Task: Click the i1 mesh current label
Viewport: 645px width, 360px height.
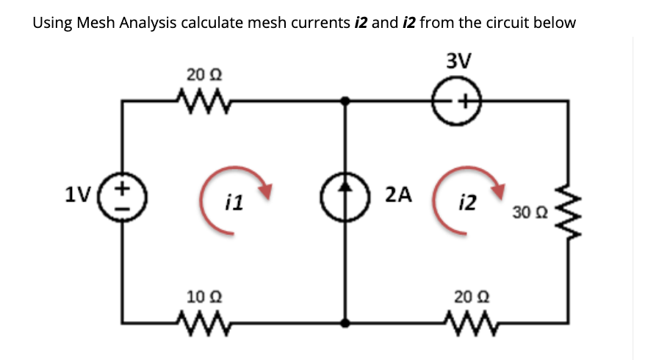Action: tap(236, 204)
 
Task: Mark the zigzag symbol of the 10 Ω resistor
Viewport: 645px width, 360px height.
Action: tap(200, 320)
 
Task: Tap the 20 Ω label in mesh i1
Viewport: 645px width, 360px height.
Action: tap(200, 75)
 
